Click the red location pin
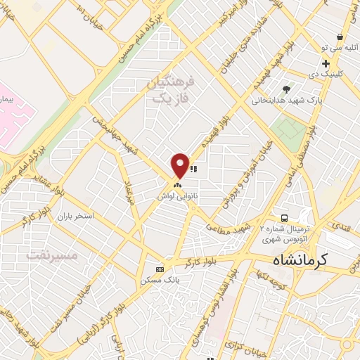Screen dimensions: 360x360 coord(180,165)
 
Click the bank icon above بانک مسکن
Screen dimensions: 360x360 coord(160,269)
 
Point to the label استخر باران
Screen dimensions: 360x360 coord(77,216)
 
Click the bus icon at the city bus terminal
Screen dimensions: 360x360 coord(284,219)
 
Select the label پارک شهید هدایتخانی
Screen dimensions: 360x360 coord(288,101)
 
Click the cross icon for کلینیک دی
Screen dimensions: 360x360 coord(326,63)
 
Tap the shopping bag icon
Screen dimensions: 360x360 coord(340,37)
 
